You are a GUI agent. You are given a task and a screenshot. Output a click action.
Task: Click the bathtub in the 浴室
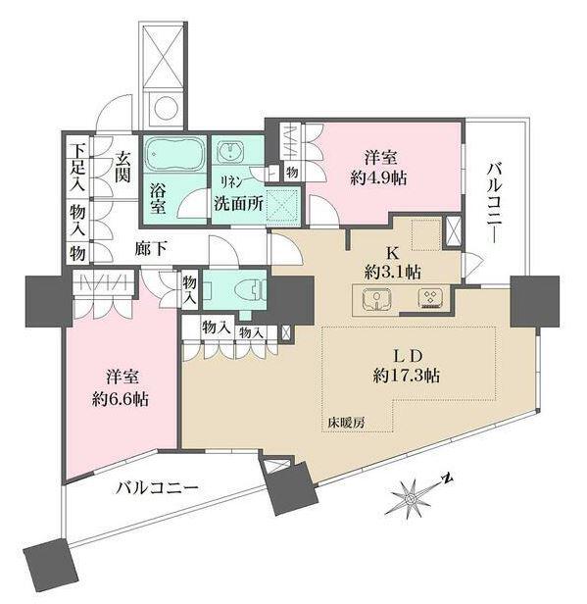coord(174,154)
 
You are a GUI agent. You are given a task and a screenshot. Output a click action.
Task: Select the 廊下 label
coord(151,250)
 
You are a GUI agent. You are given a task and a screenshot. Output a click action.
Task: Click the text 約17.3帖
coord(407,375)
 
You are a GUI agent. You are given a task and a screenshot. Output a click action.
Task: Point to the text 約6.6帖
coord(121,399)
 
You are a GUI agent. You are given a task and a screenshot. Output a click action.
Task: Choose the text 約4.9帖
coord(378,178)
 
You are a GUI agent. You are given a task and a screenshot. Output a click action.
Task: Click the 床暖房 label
coord(346,424)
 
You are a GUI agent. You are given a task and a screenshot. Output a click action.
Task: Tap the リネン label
coord(231,182)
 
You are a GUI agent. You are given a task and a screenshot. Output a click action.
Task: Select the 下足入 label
coord(77,167)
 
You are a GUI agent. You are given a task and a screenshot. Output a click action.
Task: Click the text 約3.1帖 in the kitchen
coord(393,273)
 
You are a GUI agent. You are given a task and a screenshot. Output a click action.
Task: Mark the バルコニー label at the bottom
coord(158,488)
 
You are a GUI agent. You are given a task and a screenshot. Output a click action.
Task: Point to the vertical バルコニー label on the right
coord(496,203)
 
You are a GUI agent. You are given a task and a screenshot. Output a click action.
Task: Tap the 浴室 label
coord(158,198)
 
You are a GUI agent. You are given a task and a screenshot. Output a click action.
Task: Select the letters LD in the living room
coord(407,356)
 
